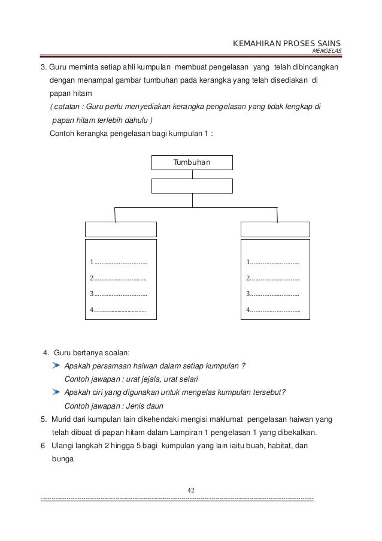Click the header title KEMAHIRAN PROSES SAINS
click(286, 44)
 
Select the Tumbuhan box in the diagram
click(192, 162)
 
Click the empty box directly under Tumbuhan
click(192, 186)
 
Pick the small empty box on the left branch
click(121, 229)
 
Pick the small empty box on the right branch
click(275, 229)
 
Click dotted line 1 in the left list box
click(119, 262)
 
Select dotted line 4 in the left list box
click(119, 310)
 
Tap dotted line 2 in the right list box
click(273, 278)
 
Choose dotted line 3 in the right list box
click(273, 294)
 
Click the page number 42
click(192, 491)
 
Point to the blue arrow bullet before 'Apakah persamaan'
click(56, 365)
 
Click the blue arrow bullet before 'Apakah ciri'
click(56, 392)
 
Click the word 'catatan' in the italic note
click(66, 107)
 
